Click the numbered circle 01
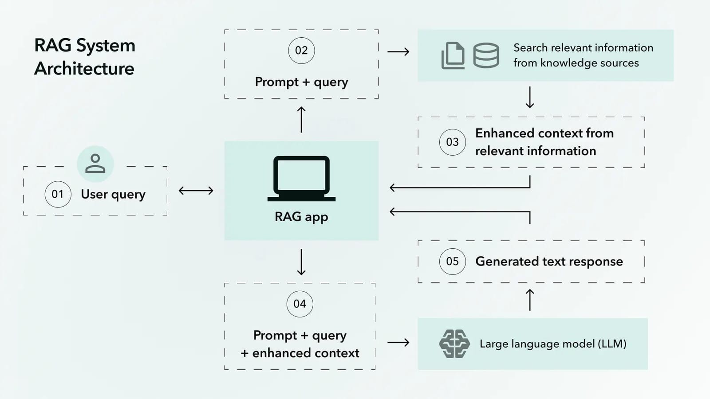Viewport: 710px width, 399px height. click(x=58, y=194)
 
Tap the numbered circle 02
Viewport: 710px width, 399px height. click(x=301, y=51)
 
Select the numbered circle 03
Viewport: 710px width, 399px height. click(x=452, y=142)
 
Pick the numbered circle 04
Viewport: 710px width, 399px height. click(x=300, y=304)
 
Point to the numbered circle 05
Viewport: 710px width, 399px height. click(x=452, y=262)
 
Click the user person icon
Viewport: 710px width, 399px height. click(x=95, y=164)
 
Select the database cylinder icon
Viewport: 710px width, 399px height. click(x=486, y=55)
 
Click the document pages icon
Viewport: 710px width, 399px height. click(x=453, y=56)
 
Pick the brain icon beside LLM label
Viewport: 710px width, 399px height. click(x=454, y=344)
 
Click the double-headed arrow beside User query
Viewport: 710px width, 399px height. click(x=196, y=191)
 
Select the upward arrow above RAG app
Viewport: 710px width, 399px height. click(x=301, y=120)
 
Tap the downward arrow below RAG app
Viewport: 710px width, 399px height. click(x=301, y=262)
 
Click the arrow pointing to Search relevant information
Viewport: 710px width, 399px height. click(x=398, y=52)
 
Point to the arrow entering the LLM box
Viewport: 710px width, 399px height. click(x=398, y=342)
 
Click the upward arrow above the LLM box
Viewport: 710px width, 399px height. click(x=530, y=300)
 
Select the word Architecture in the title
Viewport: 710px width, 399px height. click(x=84, y=69)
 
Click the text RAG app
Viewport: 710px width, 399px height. click(x=301, y=217)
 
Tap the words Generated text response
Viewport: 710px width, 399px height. click(x=549, y=262)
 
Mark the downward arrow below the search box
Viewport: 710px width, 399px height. click(x=530, y=98)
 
